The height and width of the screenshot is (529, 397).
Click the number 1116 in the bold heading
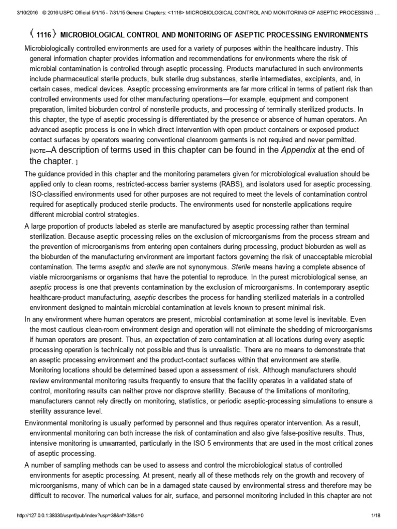pos(43,35)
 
